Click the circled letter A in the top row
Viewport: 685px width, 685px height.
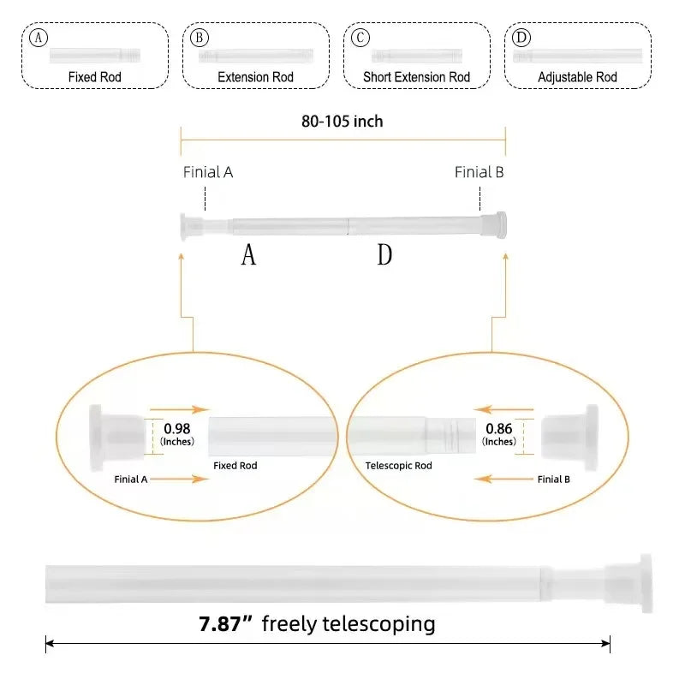pos(39,38)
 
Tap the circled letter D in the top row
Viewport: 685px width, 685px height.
pos(521,38)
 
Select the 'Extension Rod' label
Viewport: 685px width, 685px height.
pos(255,77)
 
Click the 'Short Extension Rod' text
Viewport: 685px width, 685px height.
pos(416,77)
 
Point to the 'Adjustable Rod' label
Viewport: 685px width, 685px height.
pos(577,77)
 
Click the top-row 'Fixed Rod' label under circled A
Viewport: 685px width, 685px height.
pos(94,77)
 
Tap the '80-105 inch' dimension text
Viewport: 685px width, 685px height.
pos(342,122)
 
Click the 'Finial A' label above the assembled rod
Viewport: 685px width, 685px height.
pos(208,172)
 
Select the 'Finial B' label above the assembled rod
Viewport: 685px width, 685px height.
pos(479,172)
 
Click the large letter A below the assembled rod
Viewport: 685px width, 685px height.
pos(248,254)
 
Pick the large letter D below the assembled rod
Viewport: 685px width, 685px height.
pos(384,254)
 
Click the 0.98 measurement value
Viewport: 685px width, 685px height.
pos(177,429)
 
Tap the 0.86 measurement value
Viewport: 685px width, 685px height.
pos(499,429)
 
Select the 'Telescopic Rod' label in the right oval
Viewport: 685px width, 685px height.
pos(398,466)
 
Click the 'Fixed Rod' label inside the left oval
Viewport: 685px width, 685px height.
pos(235,466)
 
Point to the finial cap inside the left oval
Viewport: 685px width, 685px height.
pos(117,438)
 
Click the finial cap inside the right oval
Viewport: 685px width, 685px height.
pos(569,438)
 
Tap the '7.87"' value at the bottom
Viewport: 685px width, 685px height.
pos(225,624)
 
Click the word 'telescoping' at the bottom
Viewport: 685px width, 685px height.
pos(378,624)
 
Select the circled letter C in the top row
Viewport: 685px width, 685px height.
pos(360,38)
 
